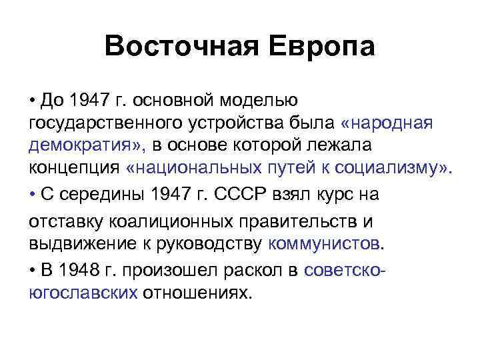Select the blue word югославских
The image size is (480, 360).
coord(84,292)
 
